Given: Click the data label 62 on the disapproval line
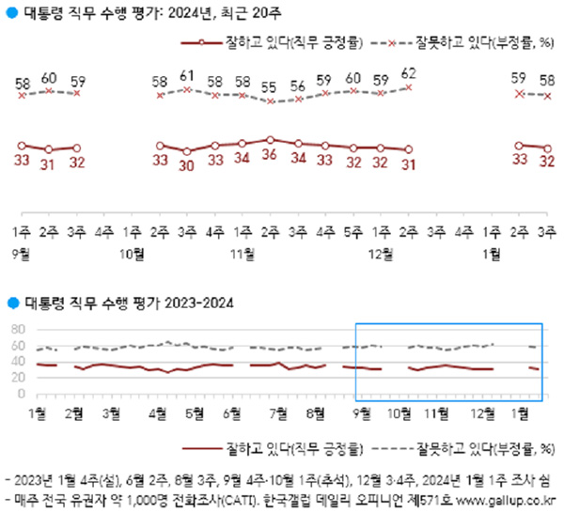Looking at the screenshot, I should pos(408,72).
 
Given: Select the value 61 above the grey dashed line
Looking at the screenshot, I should pos(186,75).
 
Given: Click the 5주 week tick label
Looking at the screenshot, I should pos(353,229).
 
